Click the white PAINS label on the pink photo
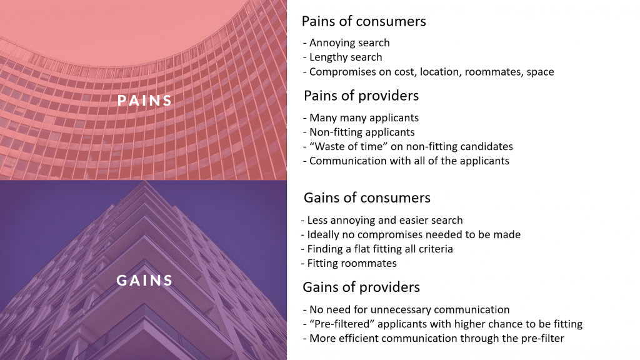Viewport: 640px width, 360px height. click(144, 101)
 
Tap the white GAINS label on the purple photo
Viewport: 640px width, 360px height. click(144, 280)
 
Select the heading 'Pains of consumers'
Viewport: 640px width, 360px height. click(364, 21)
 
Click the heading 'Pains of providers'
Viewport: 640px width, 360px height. click(361, 96)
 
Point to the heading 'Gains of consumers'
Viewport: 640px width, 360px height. click(367, 197)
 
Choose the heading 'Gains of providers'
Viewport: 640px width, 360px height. click(361, 287)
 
